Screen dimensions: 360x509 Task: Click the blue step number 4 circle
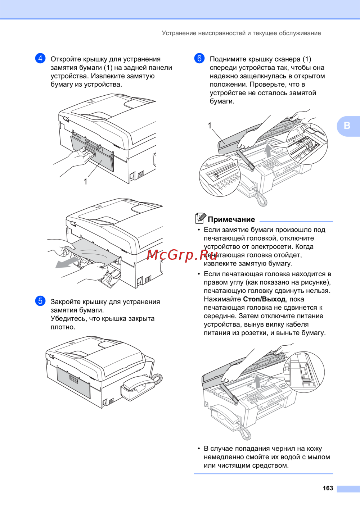(x=40, y=58)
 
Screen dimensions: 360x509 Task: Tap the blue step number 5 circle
(x=40, y=301)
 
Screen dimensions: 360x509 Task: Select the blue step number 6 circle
(x=199, y=58)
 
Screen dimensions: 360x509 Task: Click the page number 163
(x=328, y=488)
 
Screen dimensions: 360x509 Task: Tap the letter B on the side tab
(x=347, y=126)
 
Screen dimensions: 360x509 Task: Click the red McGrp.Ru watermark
(x=182, y=255)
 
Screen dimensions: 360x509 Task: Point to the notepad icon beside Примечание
(x=201, y=218)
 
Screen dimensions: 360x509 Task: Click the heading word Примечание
(x=231, y=219)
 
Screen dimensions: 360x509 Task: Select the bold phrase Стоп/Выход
(x=264, y=299)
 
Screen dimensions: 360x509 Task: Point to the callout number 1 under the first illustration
(x=86, y=182)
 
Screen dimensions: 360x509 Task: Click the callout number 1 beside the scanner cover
(x=210, y=126)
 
